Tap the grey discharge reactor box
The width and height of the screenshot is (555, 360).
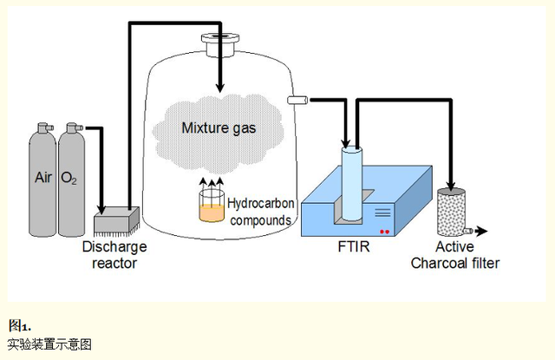pos(116,223)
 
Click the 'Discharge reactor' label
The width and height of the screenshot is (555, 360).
pos(114,255)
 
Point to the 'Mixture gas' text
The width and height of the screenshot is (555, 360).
pos(219,128)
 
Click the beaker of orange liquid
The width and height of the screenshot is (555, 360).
pos(211,208)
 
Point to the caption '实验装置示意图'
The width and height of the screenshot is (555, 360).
pos(49,344)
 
